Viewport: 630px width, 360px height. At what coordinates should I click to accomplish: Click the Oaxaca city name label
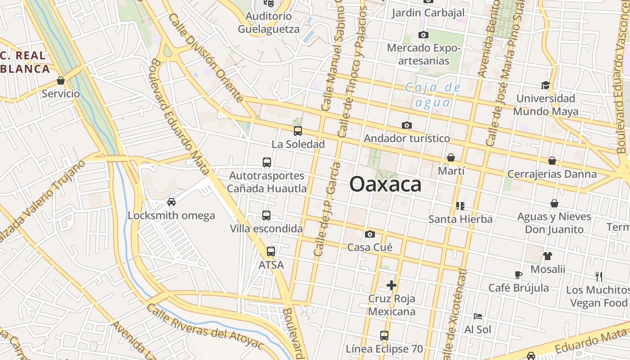tap(385, 184)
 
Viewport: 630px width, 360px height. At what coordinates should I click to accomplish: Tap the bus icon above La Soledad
tap(297, 131)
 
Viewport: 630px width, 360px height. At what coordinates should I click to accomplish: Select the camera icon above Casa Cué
tap(370, 234)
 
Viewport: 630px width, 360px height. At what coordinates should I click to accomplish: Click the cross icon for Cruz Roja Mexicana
tap(391, 285)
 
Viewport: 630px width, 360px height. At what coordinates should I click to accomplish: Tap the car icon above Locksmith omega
tap(171, 202)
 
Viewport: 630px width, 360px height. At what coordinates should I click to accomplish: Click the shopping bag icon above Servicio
tap(61, 81)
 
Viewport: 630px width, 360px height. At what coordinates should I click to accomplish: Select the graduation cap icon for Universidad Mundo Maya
tap(545, 85)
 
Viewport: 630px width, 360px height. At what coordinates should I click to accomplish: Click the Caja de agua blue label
tap(432, 94)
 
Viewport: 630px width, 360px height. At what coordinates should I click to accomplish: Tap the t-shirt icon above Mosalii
tap(547, 256)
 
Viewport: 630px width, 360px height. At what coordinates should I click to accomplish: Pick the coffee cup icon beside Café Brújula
tap(518, 274)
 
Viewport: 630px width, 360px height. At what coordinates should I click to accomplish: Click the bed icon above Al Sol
tap(477, 316)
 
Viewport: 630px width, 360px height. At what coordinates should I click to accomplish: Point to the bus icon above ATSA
tap(270, 252)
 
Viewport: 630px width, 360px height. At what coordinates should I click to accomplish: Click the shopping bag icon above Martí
tap(450, 157)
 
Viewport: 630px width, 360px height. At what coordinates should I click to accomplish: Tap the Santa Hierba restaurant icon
tap(460, 206)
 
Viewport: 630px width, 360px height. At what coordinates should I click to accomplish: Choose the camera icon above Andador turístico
tap(406, 125)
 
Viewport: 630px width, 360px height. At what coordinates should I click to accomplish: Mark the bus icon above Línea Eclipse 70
tap(384, 335)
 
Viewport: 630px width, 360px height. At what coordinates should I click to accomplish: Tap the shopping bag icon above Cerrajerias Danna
tap(552, 161)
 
